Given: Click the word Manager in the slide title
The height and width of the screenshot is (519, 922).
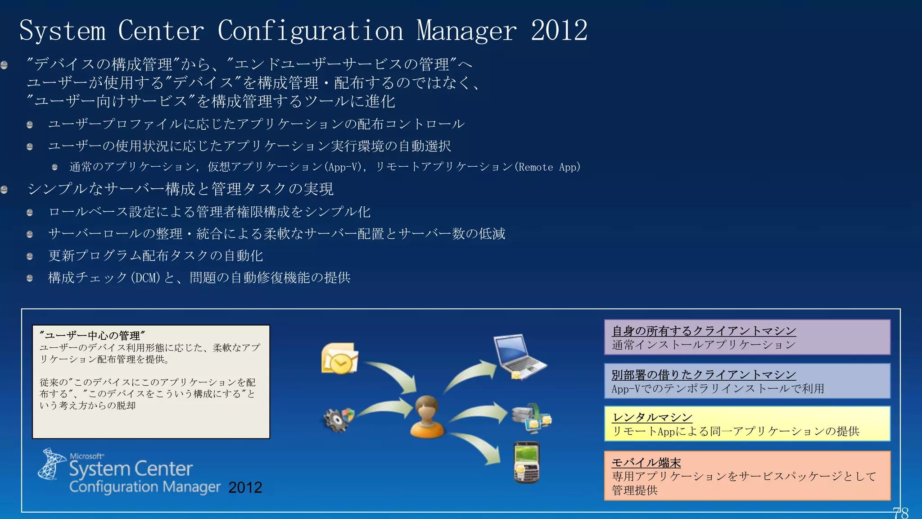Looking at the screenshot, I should (x=466, y=31).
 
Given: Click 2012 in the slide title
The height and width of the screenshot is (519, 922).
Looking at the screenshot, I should (x=559, y=31).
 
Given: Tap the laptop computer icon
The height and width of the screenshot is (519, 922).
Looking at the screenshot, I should (x=519, y=356).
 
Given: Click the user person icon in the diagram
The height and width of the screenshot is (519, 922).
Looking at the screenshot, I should (x=427, y=416).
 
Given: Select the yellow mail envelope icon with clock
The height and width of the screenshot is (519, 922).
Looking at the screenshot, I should (x=339, y=358).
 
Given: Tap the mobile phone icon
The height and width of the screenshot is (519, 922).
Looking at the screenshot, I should (x=526, y=462).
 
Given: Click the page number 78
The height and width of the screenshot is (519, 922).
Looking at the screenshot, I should (x=900, y=513).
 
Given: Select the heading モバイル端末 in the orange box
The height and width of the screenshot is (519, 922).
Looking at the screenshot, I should (x=646, y=463).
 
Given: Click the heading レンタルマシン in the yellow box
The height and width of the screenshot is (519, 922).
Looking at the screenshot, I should (x=652, y=418).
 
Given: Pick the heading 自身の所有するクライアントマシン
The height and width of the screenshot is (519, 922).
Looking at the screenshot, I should (x=704, y=331).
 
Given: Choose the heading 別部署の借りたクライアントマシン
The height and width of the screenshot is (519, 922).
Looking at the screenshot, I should (x=704, y=375).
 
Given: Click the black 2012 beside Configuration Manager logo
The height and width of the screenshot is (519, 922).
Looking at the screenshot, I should (x=245, y=487).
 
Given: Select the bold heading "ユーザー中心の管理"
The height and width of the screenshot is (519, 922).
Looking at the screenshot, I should (x=92, y=336).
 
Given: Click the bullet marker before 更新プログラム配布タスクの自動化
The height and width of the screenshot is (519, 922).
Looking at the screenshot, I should (x=30, y=256).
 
